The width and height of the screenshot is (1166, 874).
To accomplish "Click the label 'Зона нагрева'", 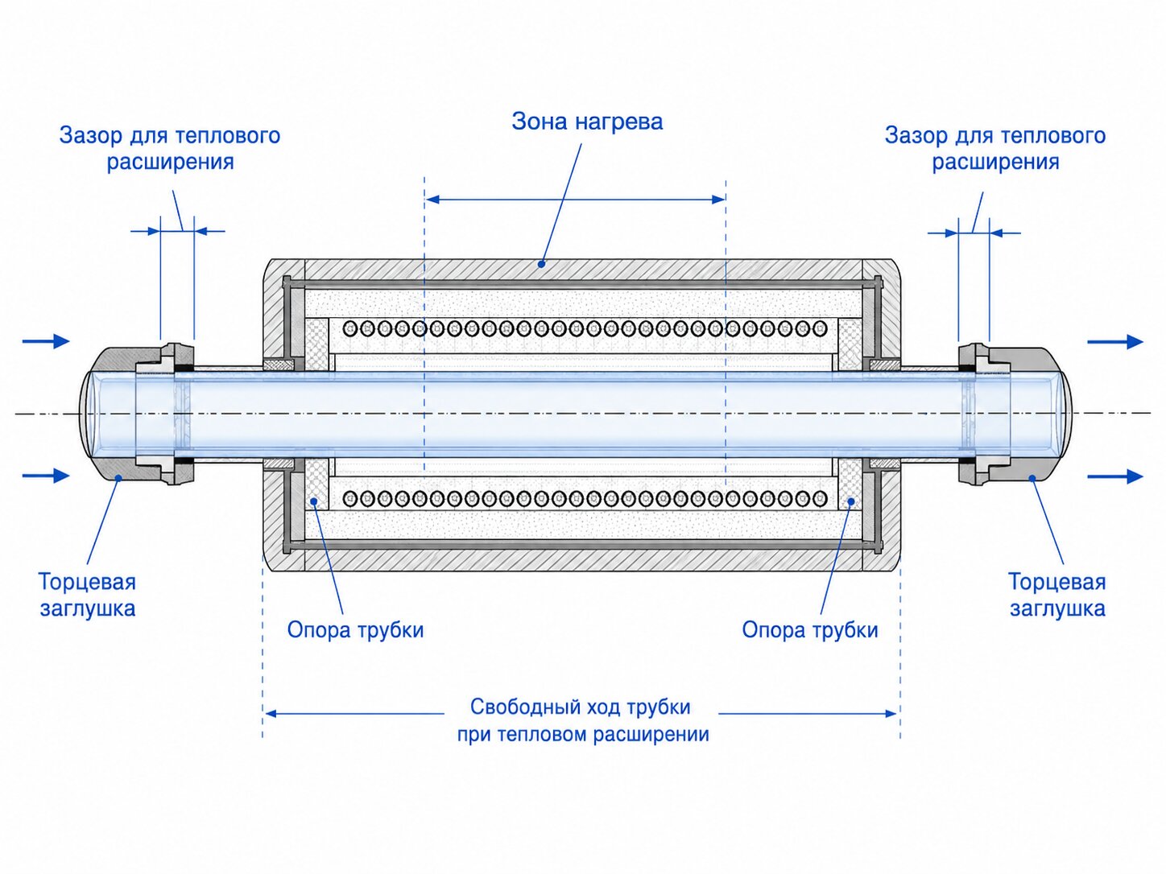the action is pyautogui.click(x=587, y=122).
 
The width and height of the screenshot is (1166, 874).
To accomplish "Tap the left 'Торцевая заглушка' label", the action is pyautogui.click(x=88, y=595).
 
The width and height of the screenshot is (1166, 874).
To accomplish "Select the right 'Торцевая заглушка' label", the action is pyautogui.click(x=1057, y=595).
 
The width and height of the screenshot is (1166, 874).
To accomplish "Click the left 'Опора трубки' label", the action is pyautogui.click(x=355, y=630).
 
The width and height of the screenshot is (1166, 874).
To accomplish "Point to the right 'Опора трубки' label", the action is pyautogui.click(x=810, y=630).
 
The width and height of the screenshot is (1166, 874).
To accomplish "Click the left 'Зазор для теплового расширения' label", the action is pyautogui.click(x=170, y=149).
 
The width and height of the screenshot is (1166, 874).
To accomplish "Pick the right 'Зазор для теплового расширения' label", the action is pyautogui.click(x=995, y=149).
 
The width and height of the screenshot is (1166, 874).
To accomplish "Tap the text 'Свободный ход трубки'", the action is pyautogui.click(x=581, y=707).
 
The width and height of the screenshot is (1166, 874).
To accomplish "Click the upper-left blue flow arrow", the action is pyautogui.click(x=46, y=340).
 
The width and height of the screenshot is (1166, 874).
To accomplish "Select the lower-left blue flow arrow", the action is pyautogui.click(x=46, y=476).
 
